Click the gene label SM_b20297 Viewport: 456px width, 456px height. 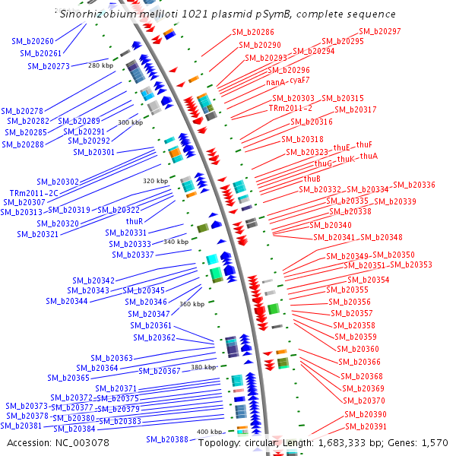point(380,31)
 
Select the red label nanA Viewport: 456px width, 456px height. point(275,81)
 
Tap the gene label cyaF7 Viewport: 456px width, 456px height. point(299,80)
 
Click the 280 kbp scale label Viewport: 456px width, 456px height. point(100,65)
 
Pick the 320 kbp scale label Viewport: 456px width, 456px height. point(154,181)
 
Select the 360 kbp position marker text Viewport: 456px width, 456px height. point(192,304)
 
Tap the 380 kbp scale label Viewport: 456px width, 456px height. point(203,367)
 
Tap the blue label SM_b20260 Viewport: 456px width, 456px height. point(33,41)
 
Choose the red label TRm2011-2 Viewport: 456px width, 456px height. point(290,109)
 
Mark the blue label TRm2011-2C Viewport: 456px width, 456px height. point(34,193)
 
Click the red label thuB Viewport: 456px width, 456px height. point(302,179)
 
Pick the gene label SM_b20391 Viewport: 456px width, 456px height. point(366,426)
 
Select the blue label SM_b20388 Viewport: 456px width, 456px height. point(167,439)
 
